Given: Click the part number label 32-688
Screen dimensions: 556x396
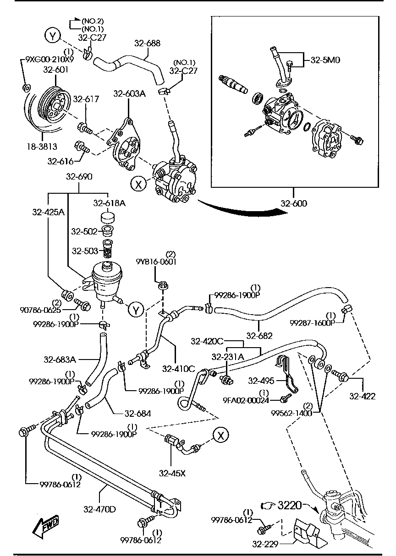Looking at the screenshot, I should (147, 44).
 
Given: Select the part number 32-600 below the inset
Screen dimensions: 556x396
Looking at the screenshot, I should (294, 204).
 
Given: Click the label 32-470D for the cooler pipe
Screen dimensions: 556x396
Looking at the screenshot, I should (99, 508).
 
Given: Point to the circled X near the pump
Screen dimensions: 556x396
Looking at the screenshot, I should (137, 184).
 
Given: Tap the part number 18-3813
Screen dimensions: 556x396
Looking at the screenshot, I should (41, 147).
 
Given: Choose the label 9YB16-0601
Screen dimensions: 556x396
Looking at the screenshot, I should (156, 262).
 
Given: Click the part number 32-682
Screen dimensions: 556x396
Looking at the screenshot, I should (259, 336).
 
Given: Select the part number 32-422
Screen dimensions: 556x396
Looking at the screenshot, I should (362, 397).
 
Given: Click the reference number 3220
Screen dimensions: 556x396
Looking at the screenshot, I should (290, 506).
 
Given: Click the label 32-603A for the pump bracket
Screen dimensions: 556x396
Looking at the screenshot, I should (129, 94).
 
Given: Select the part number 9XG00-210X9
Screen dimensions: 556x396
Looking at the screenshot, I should (49, 59).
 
